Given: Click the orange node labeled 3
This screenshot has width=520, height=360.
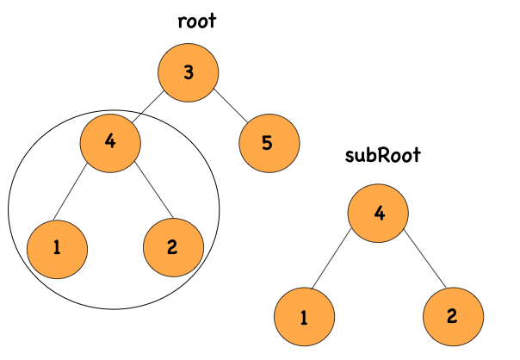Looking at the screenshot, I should click(189, 72).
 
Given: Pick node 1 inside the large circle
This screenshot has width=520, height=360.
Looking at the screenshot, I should click(57, 248).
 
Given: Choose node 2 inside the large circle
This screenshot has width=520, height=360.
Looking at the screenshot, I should click(172, 248).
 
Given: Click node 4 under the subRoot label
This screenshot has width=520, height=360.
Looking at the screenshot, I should click(379, 212).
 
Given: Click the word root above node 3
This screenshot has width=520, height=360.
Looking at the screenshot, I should click(196, 22).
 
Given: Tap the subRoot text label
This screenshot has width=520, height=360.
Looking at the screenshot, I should click(381, 157).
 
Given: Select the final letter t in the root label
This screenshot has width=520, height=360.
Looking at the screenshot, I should click(212, 22).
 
